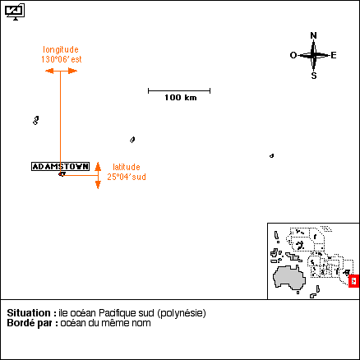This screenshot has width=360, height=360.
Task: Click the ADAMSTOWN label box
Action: pos(60,166)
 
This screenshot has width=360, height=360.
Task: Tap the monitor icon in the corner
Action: pos(15,12)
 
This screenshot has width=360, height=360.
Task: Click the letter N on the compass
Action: pos(313,35)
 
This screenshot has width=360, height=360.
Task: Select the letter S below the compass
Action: pos(314,76)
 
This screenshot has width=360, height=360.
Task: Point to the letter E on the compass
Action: pos(334,55)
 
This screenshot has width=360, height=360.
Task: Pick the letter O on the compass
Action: pos(293,55)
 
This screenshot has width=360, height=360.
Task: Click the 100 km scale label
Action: pos(181,97)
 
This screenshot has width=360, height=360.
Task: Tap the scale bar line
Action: pos(179,90)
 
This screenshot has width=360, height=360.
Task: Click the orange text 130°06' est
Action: pos(62,59)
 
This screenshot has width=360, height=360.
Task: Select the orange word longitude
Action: pos(61,49)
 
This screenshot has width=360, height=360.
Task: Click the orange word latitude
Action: pos(127,167)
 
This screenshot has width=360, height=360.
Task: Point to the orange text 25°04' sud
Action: pos(127,177)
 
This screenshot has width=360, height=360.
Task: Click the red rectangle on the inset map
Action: pos(353,281)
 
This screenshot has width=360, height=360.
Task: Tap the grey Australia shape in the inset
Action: pos(289,277)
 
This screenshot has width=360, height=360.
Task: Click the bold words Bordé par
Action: pos(33,323)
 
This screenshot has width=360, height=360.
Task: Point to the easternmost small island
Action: pos(271,156)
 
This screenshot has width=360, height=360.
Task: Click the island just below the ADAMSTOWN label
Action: pos(62,174)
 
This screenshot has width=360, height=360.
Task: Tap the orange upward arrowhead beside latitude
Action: pos(98,166)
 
